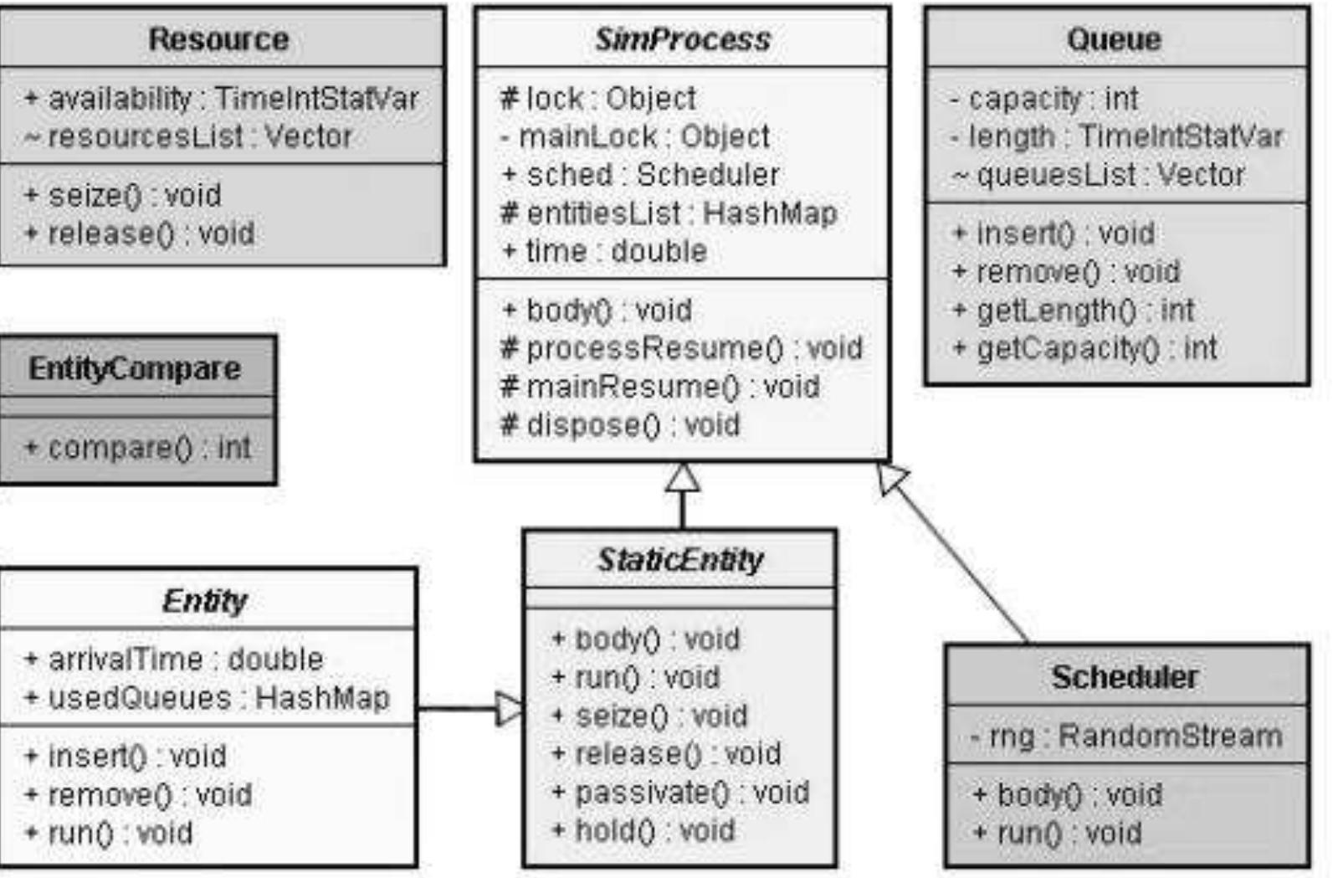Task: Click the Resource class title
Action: (218, 39)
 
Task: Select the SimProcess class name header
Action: (682, 39)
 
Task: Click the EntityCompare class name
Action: (135, 368)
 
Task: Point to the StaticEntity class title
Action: (679, 559)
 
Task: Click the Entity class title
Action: (205, 600)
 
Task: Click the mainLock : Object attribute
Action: (635, 136)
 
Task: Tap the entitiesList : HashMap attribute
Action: (669, 213)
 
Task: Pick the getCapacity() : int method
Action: (1085, 348)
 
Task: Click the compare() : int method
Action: (138, 448)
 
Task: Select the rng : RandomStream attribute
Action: (1125, 737)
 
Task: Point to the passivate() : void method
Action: (680, 792)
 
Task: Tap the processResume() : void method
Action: (681, 348)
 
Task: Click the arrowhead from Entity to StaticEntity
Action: (508, 708)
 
